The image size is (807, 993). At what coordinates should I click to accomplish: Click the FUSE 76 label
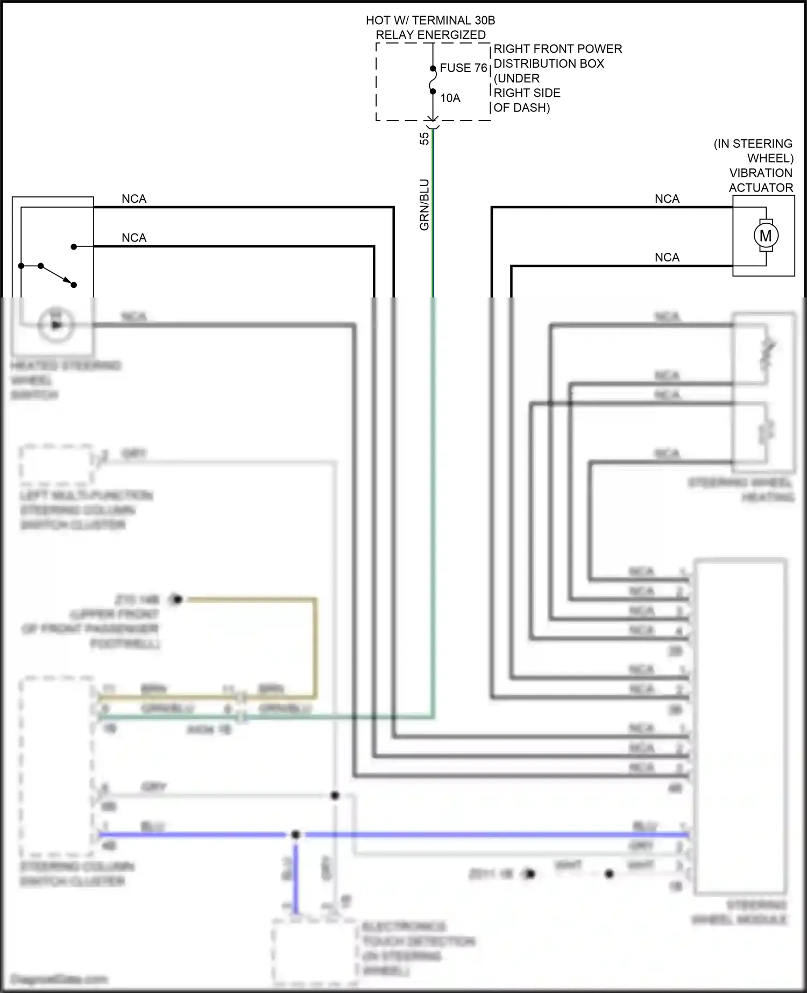[463, 68]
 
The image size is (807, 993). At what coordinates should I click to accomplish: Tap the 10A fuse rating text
[450, 98]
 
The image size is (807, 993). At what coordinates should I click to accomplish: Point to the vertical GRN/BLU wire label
[424, 204]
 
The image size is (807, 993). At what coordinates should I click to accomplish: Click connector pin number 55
[424, 138]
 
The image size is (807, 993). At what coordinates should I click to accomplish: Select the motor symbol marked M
[766, 236]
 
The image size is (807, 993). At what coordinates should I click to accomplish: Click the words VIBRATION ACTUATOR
[761, 180]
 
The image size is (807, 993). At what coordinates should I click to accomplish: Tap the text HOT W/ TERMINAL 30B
[430, 20]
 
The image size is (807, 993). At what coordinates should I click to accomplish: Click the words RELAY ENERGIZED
[430, 35]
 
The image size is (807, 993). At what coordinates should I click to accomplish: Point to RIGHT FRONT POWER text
[558, 49]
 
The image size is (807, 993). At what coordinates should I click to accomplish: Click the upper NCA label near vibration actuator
[667, 198]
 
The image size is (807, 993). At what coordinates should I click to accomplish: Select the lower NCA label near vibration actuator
[667, 257]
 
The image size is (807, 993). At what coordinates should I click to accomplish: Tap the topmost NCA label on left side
[134, 198]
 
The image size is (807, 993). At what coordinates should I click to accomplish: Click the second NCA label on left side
[134, 238]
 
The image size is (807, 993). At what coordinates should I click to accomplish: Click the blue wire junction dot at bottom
[295, 834]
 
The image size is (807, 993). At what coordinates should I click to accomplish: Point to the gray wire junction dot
[335, 795]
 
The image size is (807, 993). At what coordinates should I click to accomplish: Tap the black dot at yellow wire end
[177, 599]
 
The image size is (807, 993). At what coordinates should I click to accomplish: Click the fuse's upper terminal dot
[433, 69]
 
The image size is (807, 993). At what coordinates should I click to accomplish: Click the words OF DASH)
[521, 108]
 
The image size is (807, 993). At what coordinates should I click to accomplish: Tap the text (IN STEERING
[753, 144]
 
